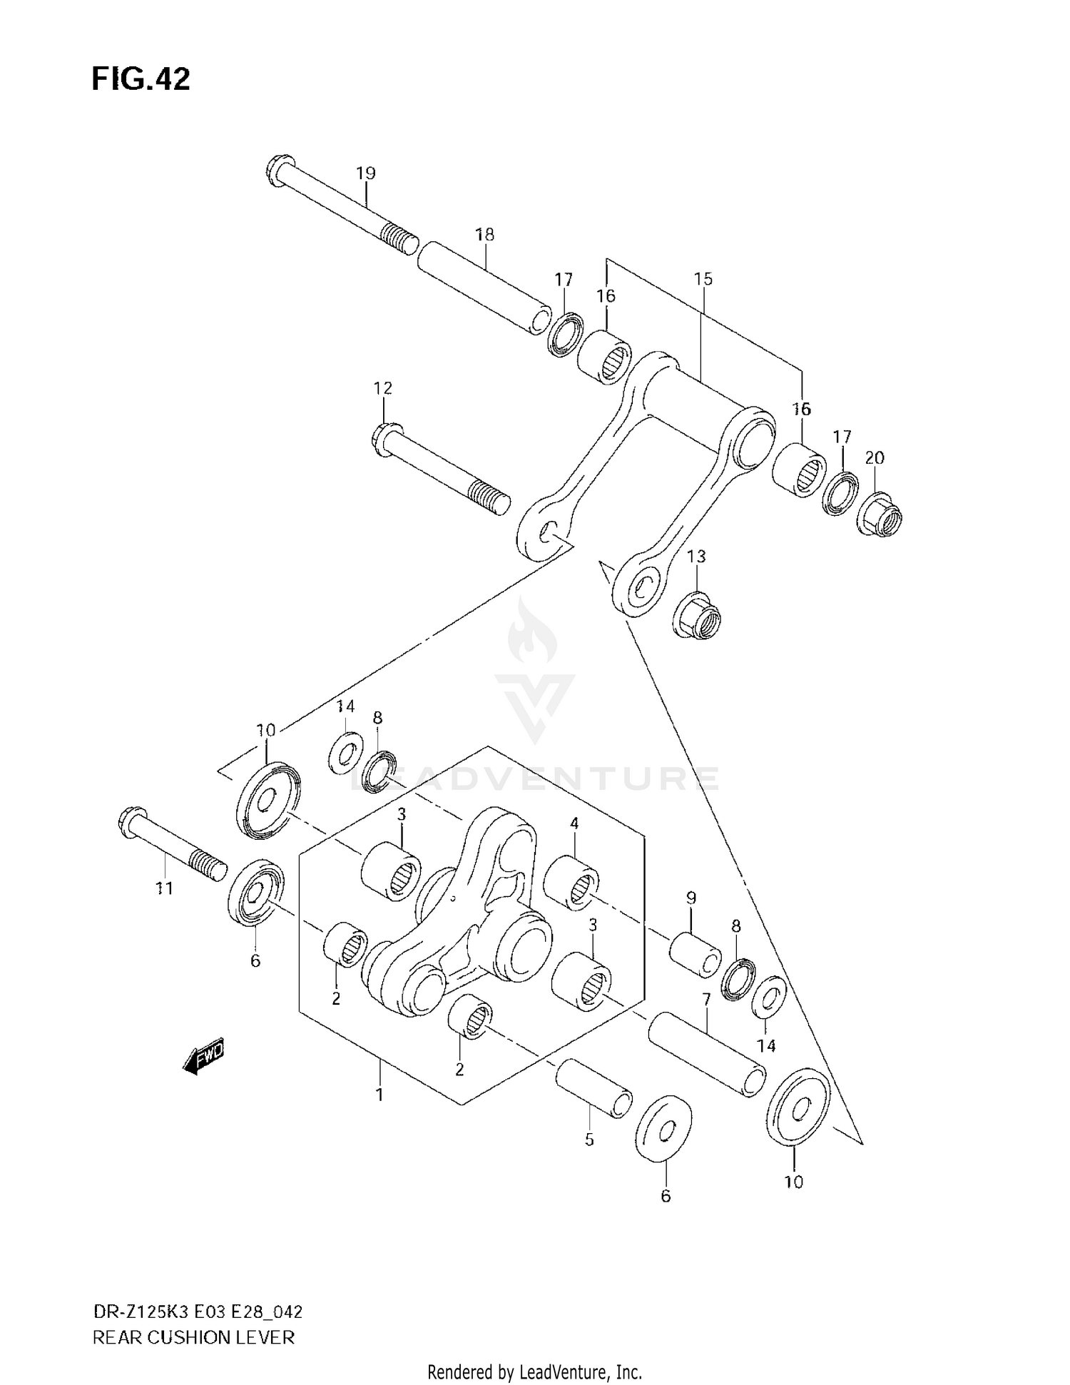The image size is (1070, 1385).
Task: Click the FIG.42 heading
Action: pyautogui.click(x=141, y=79)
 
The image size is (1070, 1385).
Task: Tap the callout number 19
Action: pyautogui.click(x=365, y=173)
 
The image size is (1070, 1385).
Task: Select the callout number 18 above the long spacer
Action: pyautogui.click(x=485, y=234)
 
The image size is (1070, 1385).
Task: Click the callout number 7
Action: pyautogui.click(x=706, y=1000)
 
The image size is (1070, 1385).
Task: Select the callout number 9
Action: pyautogui.click(x=691, y=898)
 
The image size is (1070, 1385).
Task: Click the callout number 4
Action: pyautogui.click(x=574, y=823)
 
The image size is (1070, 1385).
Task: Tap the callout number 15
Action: pyautogui.click(x=703, y=279)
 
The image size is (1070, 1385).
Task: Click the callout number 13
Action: pyautogui.click(x=696, y=556)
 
